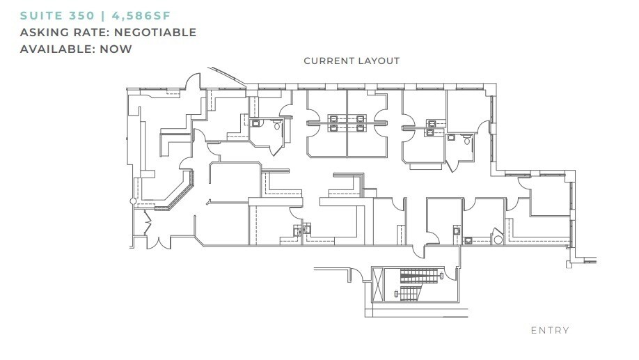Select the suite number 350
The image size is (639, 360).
point(82,16)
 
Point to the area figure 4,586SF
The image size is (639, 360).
point(141,16)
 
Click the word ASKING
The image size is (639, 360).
point(45,32)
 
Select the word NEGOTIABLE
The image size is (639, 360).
point(155,32)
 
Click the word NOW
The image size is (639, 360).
point(116,49)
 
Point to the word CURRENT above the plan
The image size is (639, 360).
point(329,61)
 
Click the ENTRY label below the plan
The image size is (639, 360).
point(550,330)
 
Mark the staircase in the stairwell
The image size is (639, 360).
point(420,285)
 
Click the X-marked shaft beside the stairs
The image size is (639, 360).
point(378,285)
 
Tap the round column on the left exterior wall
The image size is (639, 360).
point(133,201)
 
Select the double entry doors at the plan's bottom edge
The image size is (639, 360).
point(158,241)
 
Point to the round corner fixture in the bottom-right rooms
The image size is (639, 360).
point(498,239)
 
